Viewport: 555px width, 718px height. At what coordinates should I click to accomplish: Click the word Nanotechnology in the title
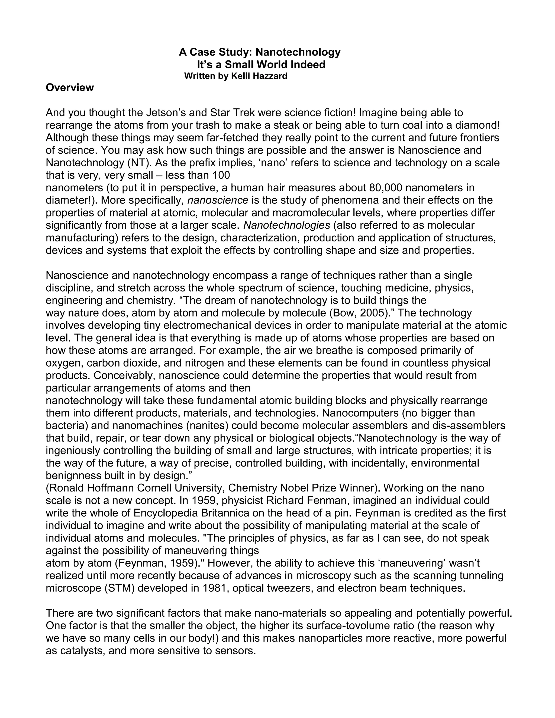298,52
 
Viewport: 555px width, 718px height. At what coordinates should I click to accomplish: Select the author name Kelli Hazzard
259,76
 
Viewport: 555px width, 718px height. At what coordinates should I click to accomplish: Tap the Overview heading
70,88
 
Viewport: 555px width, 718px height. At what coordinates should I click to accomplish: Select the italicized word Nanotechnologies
287,225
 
